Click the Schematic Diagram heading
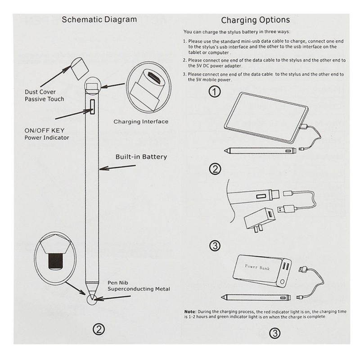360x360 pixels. tap(99, 19)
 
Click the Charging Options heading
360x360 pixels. tap(255, 20)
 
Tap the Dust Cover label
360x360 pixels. tap(40, 92)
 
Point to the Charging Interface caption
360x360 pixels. tap(141, 121)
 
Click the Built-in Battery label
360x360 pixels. tap(141, 157)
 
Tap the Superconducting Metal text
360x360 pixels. tap(139, 289)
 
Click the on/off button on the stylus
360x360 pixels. tap(93, 107)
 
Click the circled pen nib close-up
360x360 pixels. tap(55, 254)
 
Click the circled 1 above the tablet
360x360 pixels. tap(216, 92)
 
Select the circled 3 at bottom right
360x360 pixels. tap(275, 333)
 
